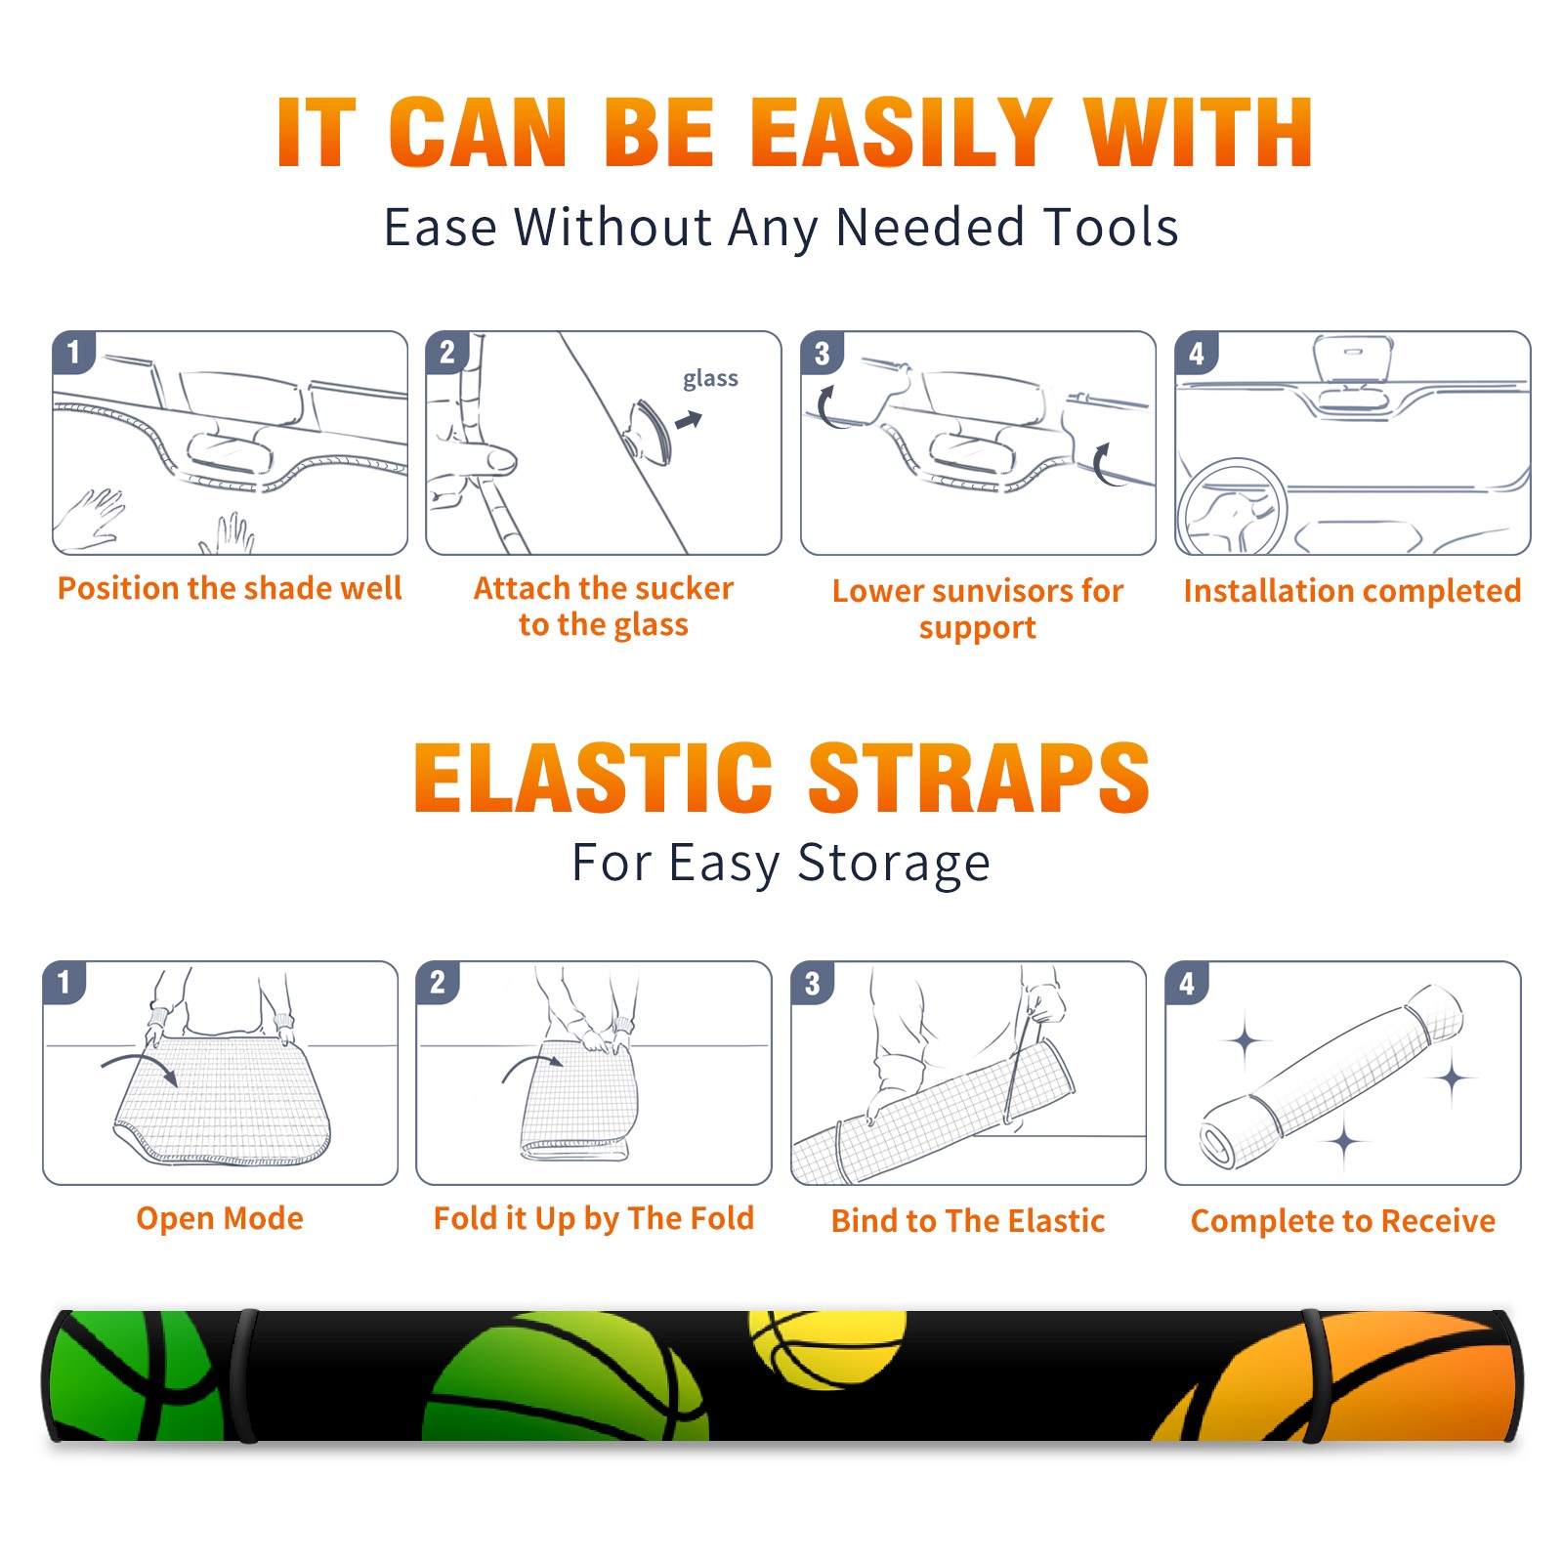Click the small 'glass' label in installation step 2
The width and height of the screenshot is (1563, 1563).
click(x=710, y=379)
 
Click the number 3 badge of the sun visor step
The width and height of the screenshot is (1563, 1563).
click(x=822, y=353)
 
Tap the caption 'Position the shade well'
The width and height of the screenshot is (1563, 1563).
click(x=230, y=588)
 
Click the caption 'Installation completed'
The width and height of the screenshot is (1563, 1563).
click(x=1352, y=590)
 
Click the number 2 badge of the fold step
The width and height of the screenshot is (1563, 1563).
click(x=438, y=982)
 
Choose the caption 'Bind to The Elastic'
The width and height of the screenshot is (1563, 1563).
click(x=968, y=1220)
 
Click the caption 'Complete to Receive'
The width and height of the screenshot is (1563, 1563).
click(x=1343, y=1220)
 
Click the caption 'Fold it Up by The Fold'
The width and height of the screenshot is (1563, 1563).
click(x=594, y=1218)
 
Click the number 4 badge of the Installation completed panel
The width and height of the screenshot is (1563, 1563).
click(x=1197, y=353)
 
